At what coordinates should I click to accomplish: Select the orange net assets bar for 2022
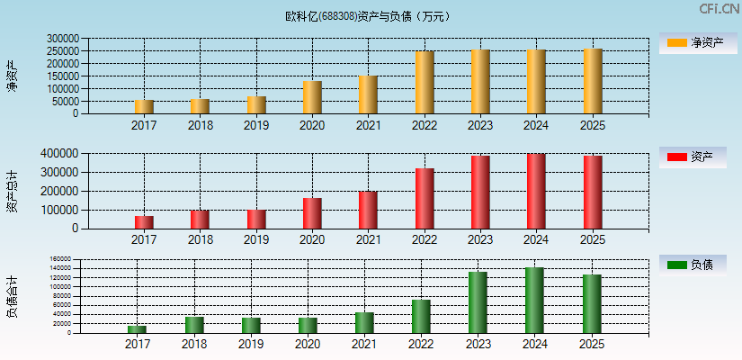click(x=425, y=83)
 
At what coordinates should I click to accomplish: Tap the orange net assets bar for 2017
click(x=144, y=107)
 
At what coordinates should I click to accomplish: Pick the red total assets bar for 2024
click(x=536, y=191)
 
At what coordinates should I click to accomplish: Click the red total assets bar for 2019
click(x=256, y=220)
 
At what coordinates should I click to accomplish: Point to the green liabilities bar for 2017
click(x=138, y=329)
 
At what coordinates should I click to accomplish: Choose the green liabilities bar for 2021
click(x=364, y=322)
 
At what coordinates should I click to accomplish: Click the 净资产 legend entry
click(x=698, y=42)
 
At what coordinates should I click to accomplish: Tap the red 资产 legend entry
click(x=698, y=157)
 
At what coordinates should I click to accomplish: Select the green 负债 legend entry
click(x=698, y=265)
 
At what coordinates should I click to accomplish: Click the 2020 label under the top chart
click(x=312, y=125)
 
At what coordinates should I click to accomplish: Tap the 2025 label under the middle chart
click(x=593, y=240)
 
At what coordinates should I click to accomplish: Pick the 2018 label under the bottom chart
click(x=194, y=344)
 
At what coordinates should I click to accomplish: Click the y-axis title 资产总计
click(x=13, y=191)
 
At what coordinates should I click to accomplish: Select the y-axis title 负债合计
click(x=13, y=297)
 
